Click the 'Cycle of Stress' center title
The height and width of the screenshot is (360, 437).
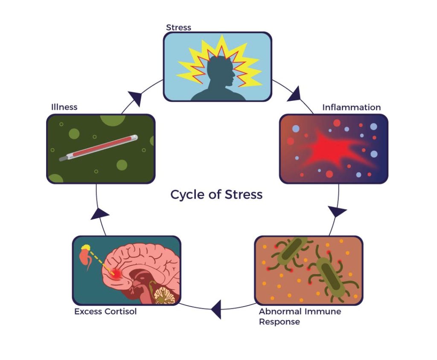point(216,195)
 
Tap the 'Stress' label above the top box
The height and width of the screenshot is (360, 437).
point(178,27)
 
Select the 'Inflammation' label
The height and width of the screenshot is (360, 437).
point(351,107)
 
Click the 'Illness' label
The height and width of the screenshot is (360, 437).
point(64,107)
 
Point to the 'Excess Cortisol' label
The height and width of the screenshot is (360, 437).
point(105,311)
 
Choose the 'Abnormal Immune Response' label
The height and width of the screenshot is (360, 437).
point(300,316)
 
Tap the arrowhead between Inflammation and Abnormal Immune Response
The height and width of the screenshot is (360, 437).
point(337,211)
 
